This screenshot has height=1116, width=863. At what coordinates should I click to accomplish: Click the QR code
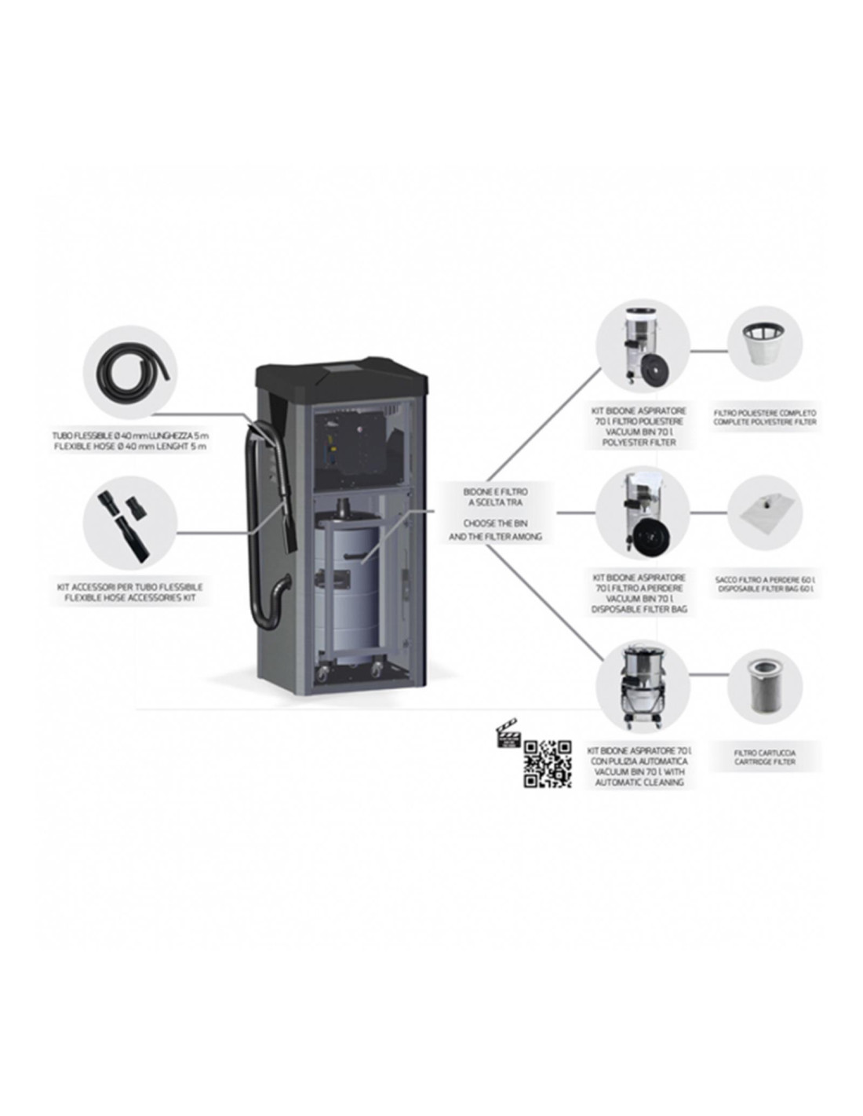coord(547,763)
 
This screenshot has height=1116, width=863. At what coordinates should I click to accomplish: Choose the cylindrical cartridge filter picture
coord(764,685)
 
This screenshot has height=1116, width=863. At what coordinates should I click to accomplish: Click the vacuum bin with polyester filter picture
coord(642,347)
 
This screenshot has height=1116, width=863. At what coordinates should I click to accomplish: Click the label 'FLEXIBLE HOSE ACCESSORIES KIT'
coord(129,598)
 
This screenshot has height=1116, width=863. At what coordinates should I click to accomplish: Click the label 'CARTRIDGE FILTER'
coord(764,762)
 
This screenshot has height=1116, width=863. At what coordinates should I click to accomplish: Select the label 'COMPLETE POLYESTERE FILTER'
coord(764,422)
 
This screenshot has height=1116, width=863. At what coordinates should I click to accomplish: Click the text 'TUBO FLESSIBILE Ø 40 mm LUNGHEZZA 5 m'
coord(129,435)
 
